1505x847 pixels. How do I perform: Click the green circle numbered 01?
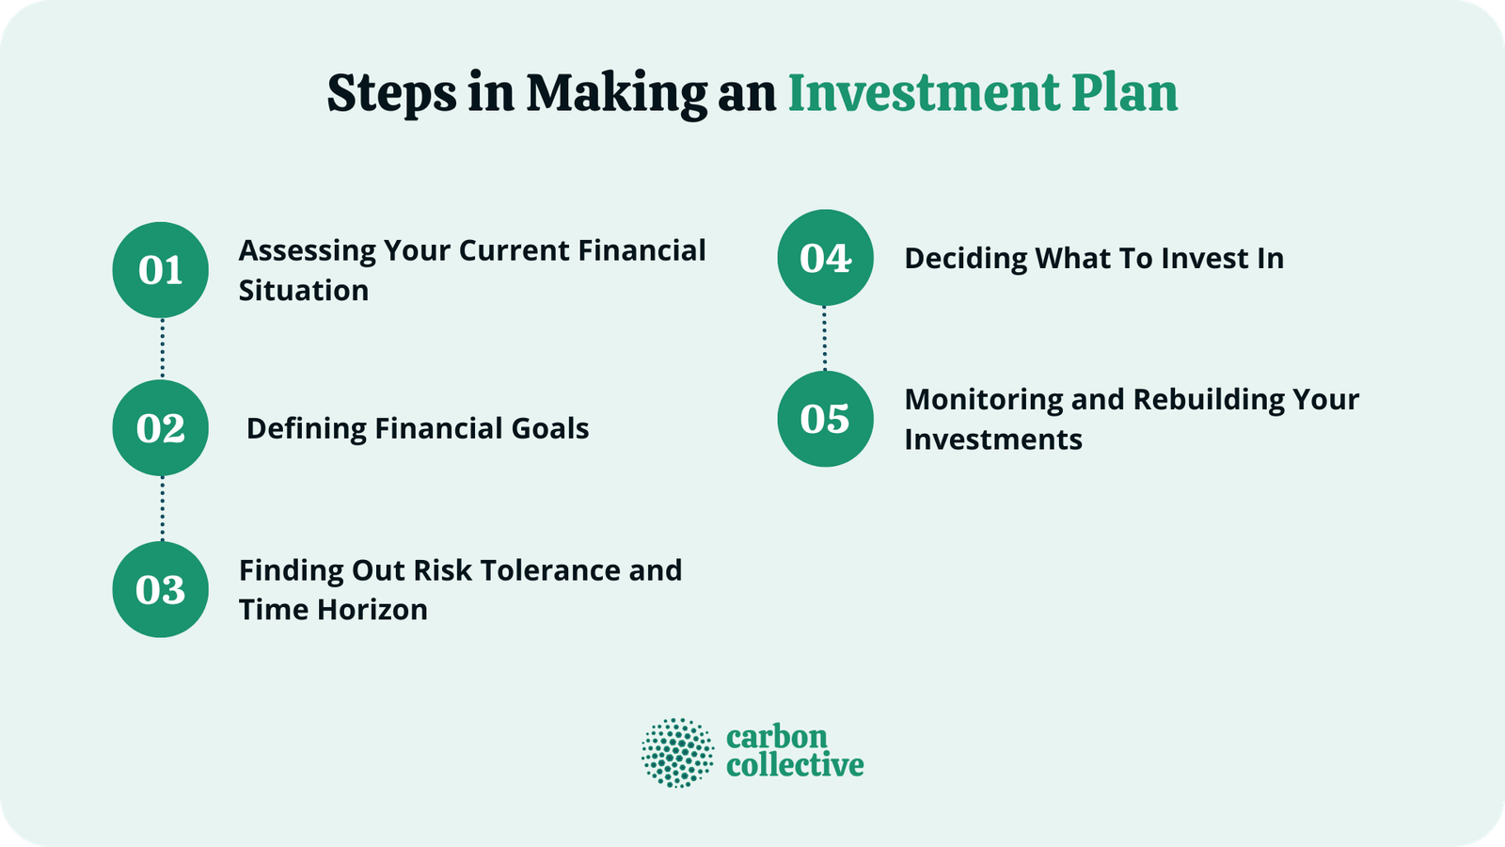[160, 270]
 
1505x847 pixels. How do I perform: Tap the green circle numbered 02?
[160, 428]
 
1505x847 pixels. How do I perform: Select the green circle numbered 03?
[160, 589]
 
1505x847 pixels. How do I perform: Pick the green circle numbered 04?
[825, 258]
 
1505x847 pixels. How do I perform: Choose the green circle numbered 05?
[825, 419]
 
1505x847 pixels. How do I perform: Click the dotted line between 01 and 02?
[162, 348]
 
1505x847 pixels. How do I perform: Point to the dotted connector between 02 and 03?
[162, 508]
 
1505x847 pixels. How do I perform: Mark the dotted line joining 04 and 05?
[825, 338]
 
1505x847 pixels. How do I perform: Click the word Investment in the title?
[923, 93]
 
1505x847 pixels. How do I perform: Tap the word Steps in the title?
[391, 95]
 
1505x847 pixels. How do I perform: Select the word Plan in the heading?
[1124, 93]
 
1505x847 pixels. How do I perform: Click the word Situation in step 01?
[303, 291]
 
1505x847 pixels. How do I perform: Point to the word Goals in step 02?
[549, 429]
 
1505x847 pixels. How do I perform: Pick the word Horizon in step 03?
[372, 610]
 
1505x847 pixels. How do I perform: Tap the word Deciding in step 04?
[965, 259]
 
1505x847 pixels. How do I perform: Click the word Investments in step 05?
[992, 439]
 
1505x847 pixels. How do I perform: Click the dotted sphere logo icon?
[677, 753]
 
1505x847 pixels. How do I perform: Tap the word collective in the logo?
[795, 765]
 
